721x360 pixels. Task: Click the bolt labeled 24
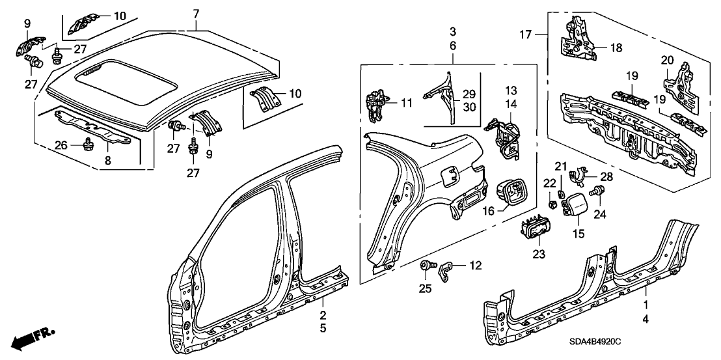click(594, 192)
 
